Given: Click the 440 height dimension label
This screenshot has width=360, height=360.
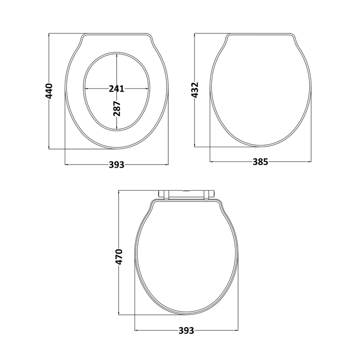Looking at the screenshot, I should tap(49, 91).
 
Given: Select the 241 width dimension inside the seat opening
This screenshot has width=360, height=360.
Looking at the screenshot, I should tap(116, 88).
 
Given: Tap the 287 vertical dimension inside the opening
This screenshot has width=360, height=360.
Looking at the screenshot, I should tap(117, 107).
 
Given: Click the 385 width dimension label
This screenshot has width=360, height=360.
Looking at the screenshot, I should tap(260, 162).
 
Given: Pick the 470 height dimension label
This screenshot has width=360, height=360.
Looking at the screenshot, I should tap(119, 257).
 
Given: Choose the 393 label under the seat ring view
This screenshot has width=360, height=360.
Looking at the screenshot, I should tap(116, 165).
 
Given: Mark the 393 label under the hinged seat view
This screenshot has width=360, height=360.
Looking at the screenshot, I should tap(186, 330).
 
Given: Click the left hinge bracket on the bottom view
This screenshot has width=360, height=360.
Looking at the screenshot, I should tap(166, 194).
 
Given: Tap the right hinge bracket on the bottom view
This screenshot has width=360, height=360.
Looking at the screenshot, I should tap(208, 194).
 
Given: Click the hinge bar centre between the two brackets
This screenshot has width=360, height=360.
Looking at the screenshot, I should tap(187, 193).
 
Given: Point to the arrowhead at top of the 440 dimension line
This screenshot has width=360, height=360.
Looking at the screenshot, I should tap(49, 35).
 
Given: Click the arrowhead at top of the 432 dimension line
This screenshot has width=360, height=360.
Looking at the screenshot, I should tap(195, 35).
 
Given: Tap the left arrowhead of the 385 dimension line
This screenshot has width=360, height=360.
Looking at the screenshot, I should tap(212, 162).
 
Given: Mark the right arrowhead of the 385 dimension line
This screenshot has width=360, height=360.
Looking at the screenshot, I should tap(310, 162).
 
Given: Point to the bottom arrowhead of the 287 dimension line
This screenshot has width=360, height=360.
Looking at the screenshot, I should tap(117, 129).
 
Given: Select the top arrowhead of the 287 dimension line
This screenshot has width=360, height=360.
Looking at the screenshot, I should tap(117, 55).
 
